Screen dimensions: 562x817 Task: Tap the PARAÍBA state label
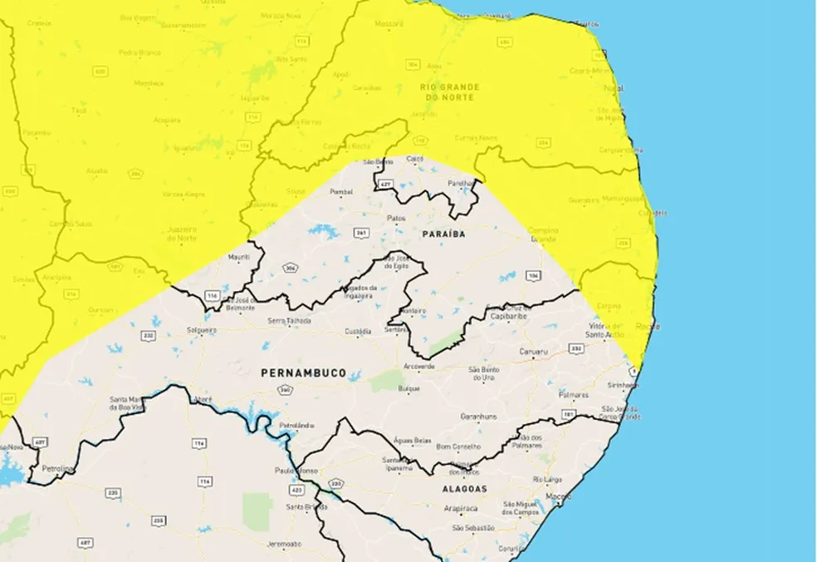(x=443, y=234)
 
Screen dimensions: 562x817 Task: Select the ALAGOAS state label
(x=465, y=489)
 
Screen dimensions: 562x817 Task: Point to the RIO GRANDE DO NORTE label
(x=448, y=92)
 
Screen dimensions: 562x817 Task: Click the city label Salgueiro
(x=202, y=330)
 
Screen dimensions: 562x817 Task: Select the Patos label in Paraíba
(x=397, y=218)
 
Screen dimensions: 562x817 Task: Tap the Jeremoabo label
(x=284, y=544)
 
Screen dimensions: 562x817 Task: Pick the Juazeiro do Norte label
(x=182, y=234)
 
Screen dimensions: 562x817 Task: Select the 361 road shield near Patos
(x=361, y=233)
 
